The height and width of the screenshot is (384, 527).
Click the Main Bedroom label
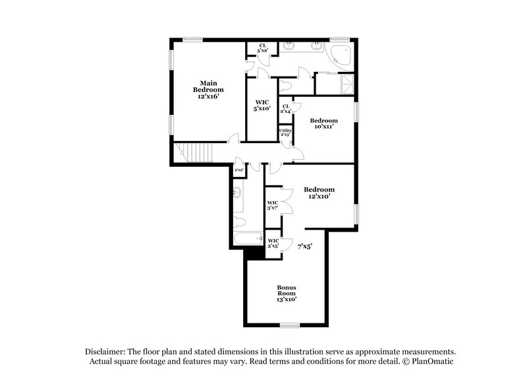coord(208,86)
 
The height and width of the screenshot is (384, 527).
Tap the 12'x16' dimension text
coord(208,96)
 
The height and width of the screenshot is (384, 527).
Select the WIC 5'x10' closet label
coord(262,106)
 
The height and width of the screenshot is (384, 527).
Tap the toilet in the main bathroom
coord(285,85)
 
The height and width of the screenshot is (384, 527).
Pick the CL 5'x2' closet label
coord(262,48)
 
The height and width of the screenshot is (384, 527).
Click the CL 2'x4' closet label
coord(286,108)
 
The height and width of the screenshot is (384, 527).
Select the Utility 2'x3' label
coord(285,133)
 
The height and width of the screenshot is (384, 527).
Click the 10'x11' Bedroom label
coord(324,123)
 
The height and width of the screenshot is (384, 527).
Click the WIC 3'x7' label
coord(273,205)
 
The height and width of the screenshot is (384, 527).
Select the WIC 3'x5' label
coord(273,243)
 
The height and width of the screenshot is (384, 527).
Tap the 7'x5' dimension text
coord(304,245)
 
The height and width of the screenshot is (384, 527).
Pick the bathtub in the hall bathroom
coord(249,238)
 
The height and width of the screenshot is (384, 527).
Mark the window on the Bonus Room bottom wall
coord(290,325)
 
